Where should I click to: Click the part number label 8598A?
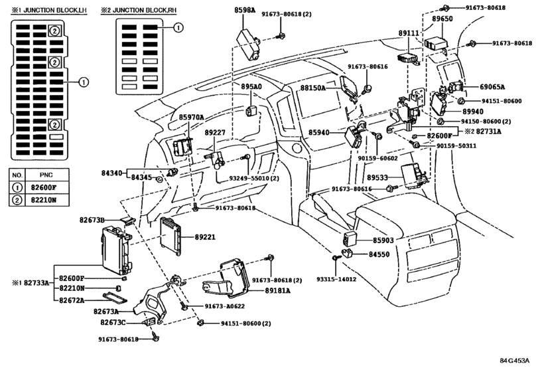pos(245,10)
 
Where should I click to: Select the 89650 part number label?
pos(442,19)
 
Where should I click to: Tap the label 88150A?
pos(313,88)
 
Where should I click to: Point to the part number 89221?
pos(205,237)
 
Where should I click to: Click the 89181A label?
pos(277,291)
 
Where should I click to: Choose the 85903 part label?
pos(383,240)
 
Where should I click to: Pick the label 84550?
pos(379,254)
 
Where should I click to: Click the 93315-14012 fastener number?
pos(336,279)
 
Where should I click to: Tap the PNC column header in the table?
pos(46,175)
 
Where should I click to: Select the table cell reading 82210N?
pos(44,200)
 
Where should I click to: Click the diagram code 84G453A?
pos(515,361)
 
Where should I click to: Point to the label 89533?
pos(377,177)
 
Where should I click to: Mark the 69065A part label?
pos(492,87)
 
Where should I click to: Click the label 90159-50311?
pos(456,146)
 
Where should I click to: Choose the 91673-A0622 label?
pos(225,306)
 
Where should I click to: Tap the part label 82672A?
pos(72,300)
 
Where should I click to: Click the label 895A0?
pos(251,86)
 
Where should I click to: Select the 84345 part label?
pos(142,177)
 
